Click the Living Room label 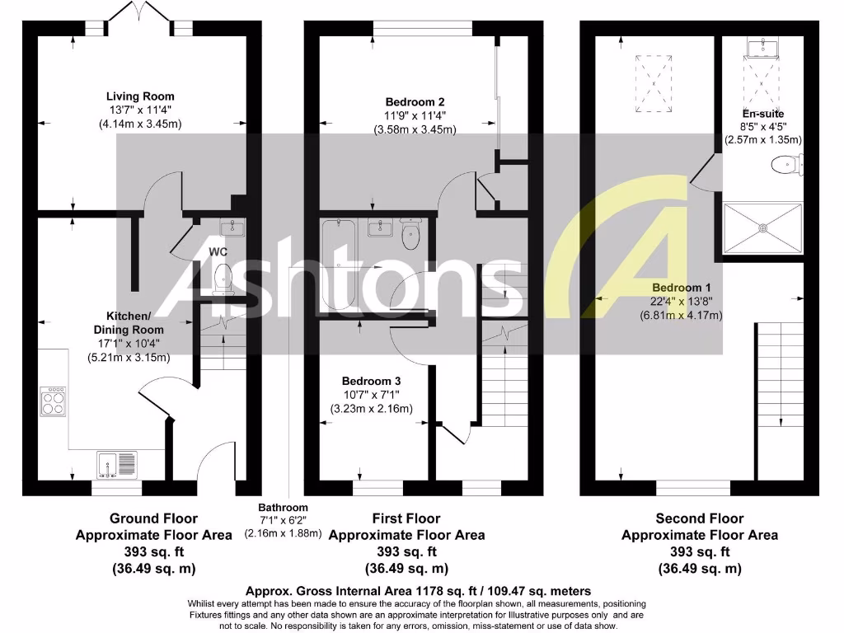[x=139, y=96]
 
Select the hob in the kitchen [x=53, y=403]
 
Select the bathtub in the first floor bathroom [x=338, y=265]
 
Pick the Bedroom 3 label [x=371, y=382]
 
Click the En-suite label [x=762, y=114]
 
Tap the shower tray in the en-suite [x=762, y=229]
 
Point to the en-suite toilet [x=785, y=166]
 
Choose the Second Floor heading [x=699, y=518]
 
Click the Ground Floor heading [x=154, y=518]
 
